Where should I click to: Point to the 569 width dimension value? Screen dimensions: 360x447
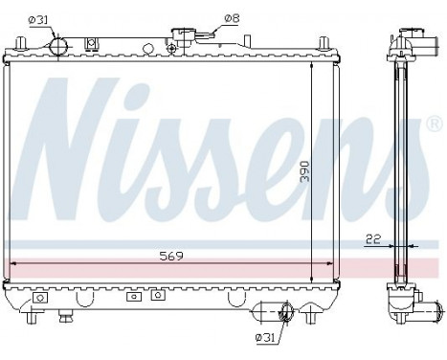(170, 256)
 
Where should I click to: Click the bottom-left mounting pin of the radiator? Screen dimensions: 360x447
(18, 312)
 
